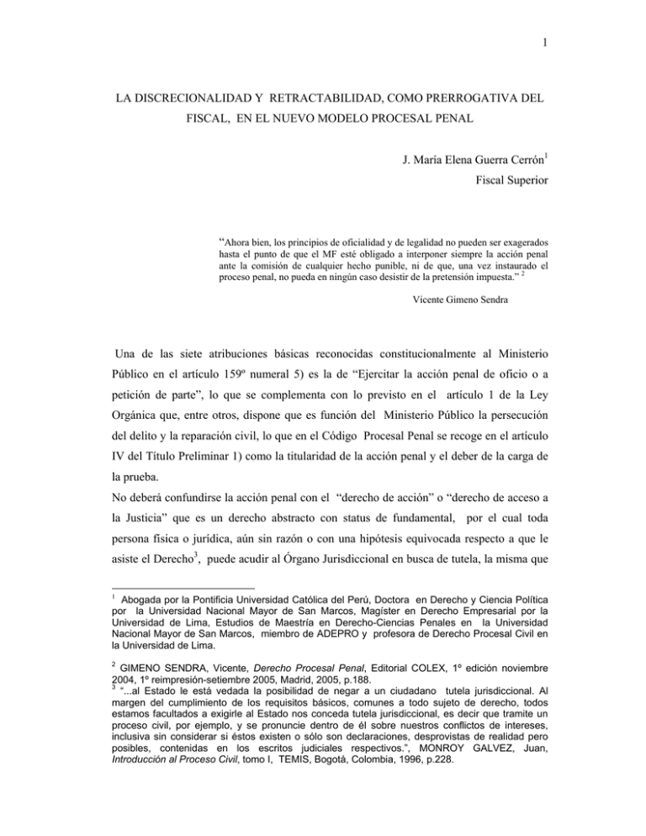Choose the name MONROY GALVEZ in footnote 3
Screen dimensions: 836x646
click(x=498, y=784)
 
